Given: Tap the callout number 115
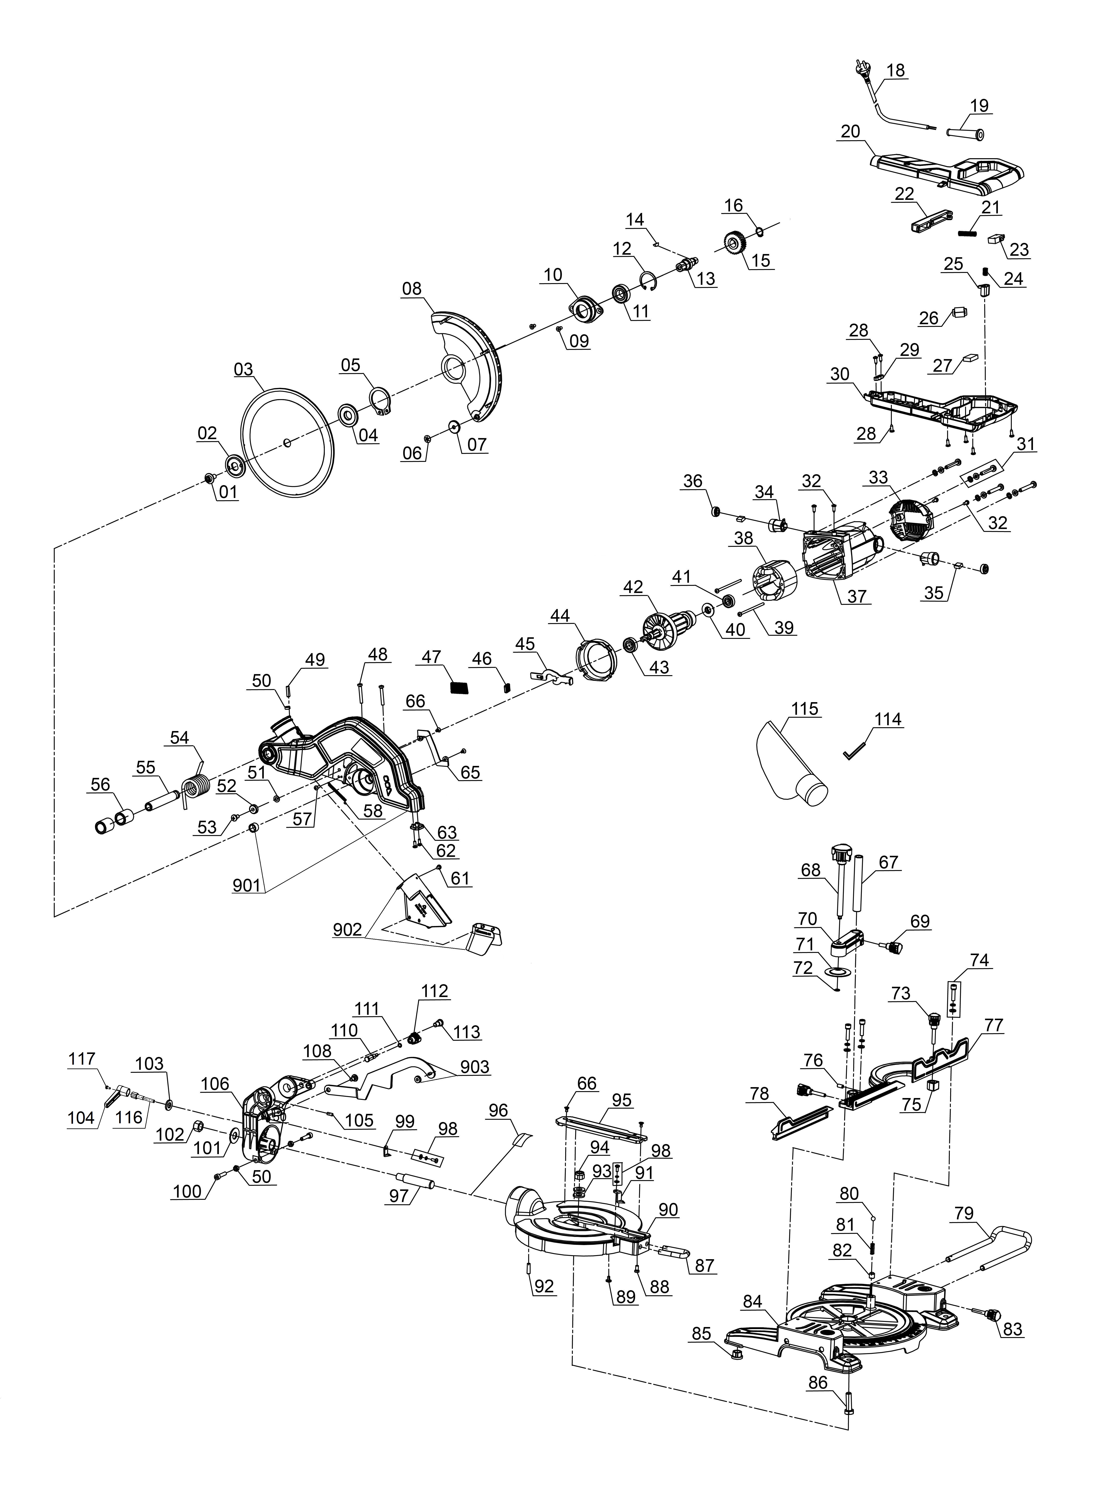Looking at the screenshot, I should (x=805, y=709).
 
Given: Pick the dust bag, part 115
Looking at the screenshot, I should (x=792, y=765).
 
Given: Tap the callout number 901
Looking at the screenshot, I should (x=247, y=886).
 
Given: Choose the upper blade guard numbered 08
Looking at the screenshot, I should (x=468, y=364).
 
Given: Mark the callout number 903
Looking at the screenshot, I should (x=475, y=1067).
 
